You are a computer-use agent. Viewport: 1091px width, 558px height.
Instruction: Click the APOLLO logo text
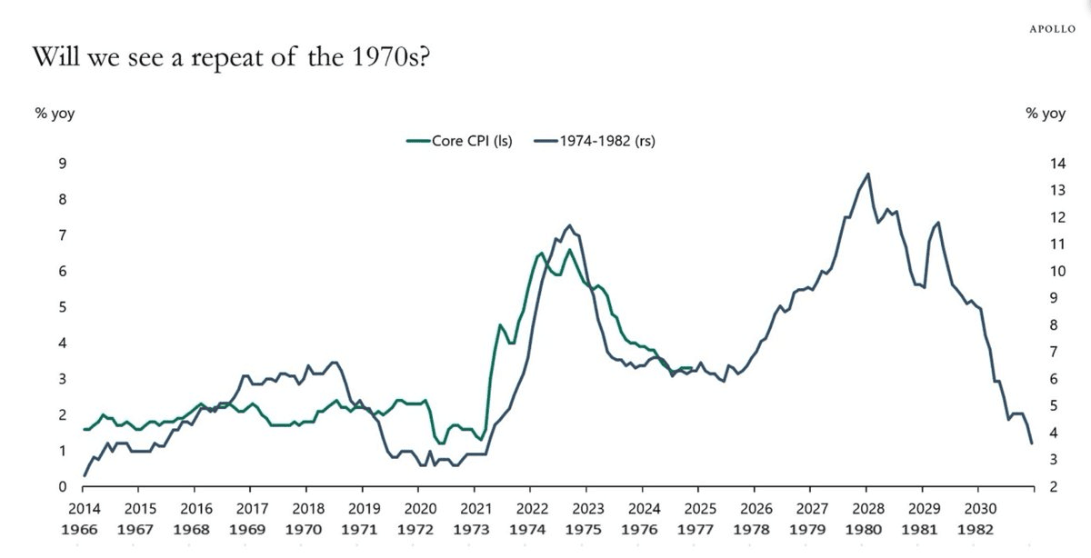coord(1053,28)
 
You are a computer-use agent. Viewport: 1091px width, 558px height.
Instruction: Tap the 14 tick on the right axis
coord(1056,164)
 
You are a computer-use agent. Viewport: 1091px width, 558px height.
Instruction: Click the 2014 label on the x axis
coord(85,509)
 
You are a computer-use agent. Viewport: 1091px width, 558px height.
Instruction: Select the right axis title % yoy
coord(1045,114)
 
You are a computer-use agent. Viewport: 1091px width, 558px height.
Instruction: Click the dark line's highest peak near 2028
coord(868,174)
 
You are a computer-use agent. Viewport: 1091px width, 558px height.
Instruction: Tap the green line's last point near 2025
coord(693,368)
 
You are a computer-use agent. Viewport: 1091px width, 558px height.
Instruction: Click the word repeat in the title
coord(197,59)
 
